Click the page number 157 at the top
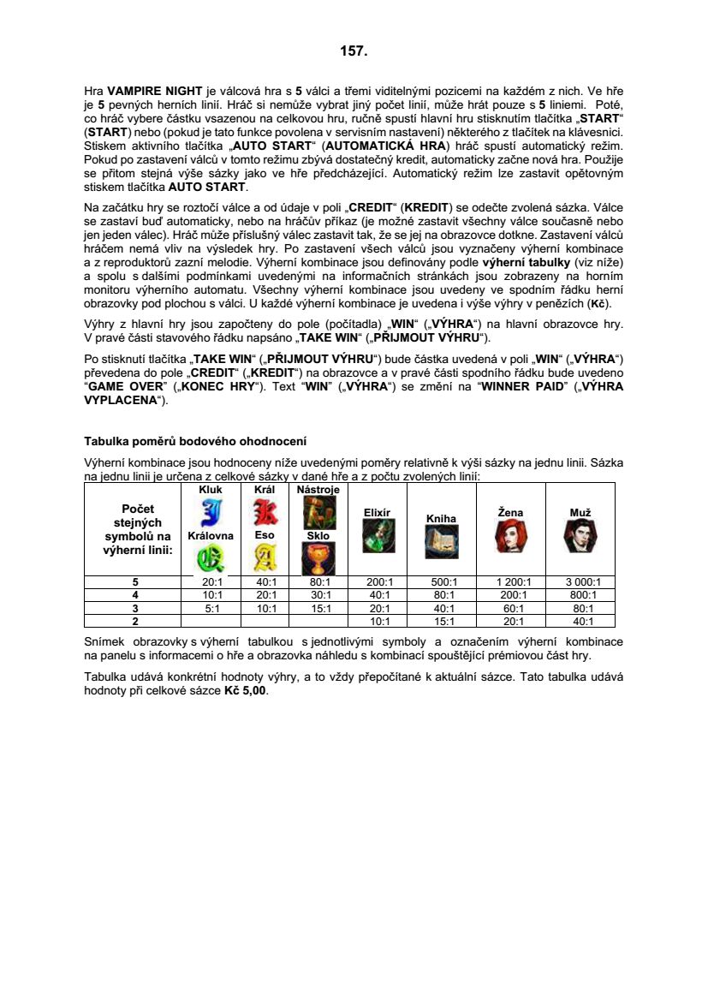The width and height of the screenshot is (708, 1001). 354,51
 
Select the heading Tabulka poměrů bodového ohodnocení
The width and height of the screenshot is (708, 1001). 194,441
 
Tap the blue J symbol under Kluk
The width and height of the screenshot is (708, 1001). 210,514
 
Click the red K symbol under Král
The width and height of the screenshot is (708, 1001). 265,513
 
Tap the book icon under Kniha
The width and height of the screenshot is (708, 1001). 442,541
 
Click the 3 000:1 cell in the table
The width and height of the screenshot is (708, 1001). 580,582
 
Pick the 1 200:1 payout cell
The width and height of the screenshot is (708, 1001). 511,582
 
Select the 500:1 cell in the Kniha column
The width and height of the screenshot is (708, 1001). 442,582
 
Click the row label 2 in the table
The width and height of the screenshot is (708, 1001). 134,621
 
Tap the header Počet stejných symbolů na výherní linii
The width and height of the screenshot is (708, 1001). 134,529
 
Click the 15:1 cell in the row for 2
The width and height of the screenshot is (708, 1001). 442,621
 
